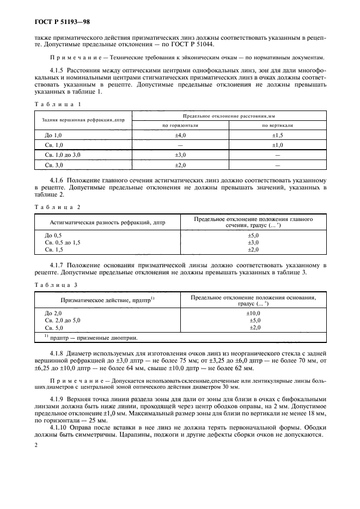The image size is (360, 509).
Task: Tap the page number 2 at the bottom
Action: [x=35, y=445]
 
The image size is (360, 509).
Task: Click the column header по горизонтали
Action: [x=180, y=125]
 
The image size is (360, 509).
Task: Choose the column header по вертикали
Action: [x=278, y=125]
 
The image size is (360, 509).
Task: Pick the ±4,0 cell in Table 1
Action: [x=180, y=135]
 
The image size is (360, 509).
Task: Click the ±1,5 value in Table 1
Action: [x=278, y=135]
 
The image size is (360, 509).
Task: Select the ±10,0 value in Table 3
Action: [x=253, y=314]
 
